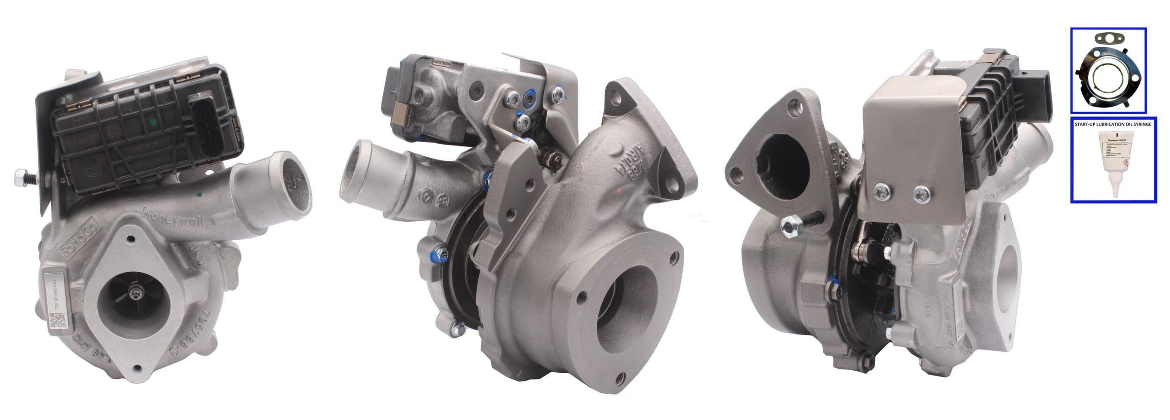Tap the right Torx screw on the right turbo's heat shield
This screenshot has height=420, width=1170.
tap(921, 193)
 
